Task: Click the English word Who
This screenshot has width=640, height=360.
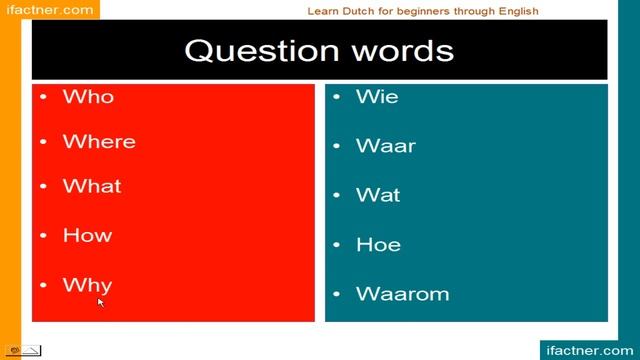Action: (x=88, y=97)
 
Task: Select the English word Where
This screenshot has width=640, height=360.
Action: (x=99, y=142)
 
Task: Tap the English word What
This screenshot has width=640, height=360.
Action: (x=92, y=187)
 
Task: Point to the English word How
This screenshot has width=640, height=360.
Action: (x=87, y=236)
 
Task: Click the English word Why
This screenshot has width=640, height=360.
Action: (x=87, y=285)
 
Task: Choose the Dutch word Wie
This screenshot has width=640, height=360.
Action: (x=377, y=97)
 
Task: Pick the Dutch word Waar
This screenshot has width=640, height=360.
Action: (x=386, y=146)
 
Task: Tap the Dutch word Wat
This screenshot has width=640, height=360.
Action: (x=378, y=195)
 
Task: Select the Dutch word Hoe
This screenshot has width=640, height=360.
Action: (x=378, y=244)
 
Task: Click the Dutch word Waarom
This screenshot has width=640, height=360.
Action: (x=402, y=294)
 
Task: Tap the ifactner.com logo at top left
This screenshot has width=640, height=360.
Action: (x=49, y=10)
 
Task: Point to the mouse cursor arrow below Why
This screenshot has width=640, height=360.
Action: (x=101, y=302)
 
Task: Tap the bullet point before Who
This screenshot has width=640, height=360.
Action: (x=43, y=97)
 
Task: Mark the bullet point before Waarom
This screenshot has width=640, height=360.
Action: (x=337, y=294)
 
